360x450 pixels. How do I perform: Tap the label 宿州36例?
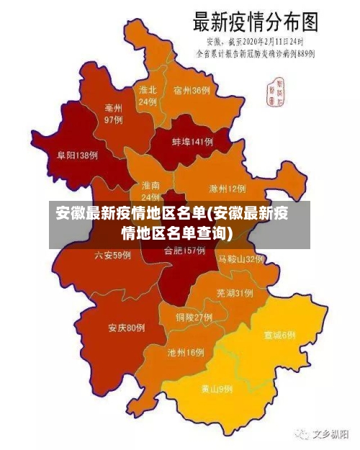coord(192,91)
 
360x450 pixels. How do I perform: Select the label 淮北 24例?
coord(148,96)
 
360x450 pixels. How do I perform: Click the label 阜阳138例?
coord(78,155)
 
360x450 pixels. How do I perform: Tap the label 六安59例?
coord(113,255)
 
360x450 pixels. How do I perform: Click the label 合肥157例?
coord(185,251)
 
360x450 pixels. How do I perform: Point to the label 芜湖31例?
coord(235,293)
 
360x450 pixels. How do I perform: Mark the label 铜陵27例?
coord(194,317)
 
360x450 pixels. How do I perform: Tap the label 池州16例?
coord(186,353)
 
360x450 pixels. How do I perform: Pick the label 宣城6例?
coord(279,336)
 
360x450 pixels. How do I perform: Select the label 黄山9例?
coord(217,389)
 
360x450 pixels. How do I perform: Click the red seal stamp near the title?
coord(276,90)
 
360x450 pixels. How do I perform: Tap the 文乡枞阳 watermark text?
coord(324,435)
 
